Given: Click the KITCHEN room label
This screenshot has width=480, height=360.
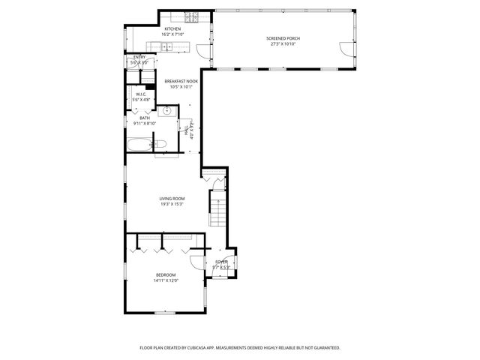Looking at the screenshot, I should coord(162,29).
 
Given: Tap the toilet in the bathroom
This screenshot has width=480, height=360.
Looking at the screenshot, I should coord(159,144).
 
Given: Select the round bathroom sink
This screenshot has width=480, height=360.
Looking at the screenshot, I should coord(167,112).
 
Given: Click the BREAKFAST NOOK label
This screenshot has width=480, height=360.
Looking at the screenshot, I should coord(181,80).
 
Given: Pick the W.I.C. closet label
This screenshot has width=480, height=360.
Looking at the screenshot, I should coord(140,94).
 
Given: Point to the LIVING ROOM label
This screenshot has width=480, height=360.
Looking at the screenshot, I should coord(172,198).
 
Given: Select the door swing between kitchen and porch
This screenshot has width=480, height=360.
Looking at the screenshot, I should coord(200,50).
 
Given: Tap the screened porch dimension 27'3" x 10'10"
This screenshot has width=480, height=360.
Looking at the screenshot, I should coord(283,43).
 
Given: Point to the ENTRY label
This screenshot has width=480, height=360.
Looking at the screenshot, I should coord(139,57).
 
